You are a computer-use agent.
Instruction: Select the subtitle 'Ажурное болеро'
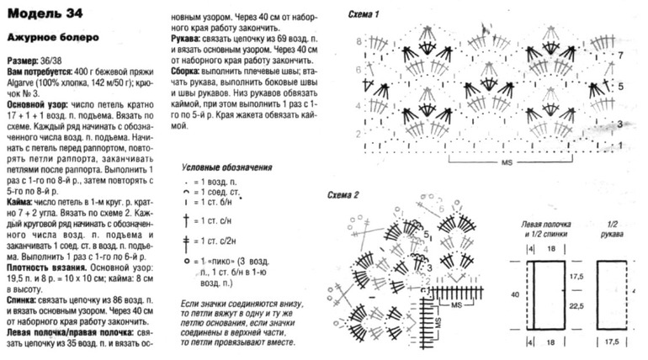pos(53,37)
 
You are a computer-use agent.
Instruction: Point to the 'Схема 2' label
pos(343,194)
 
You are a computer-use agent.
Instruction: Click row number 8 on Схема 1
pos(358,41)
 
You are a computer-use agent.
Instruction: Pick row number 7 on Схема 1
pos(620,55)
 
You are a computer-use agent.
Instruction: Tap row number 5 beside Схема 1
pos(620,86)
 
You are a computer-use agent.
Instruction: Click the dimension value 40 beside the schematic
pos(516,294)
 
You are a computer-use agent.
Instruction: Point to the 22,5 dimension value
pos(577,306)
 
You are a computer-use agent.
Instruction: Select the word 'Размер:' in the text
pos(24,62)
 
